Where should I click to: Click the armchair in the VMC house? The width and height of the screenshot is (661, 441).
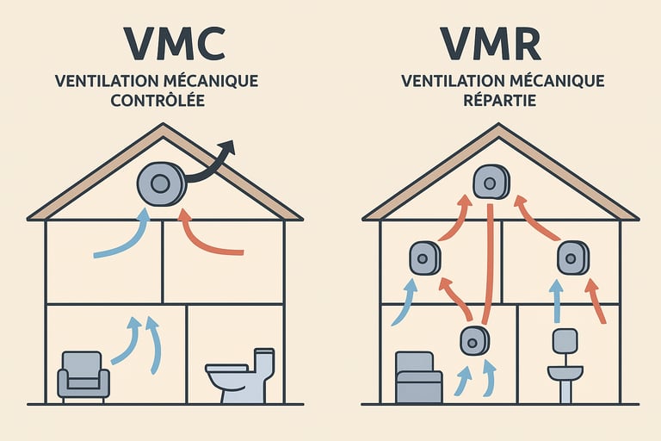pos(83,375)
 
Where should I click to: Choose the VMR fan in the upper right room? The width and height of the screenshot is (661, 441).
pos(571,256)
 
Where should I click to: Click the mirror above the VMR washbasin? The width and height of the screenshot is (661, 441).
pos(565,341)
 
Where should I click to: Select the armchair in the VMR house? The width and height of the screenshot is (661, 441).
pos(417,377)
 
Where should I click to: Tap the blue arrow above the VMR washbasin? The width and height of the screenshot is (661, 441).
pos(556,301)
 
